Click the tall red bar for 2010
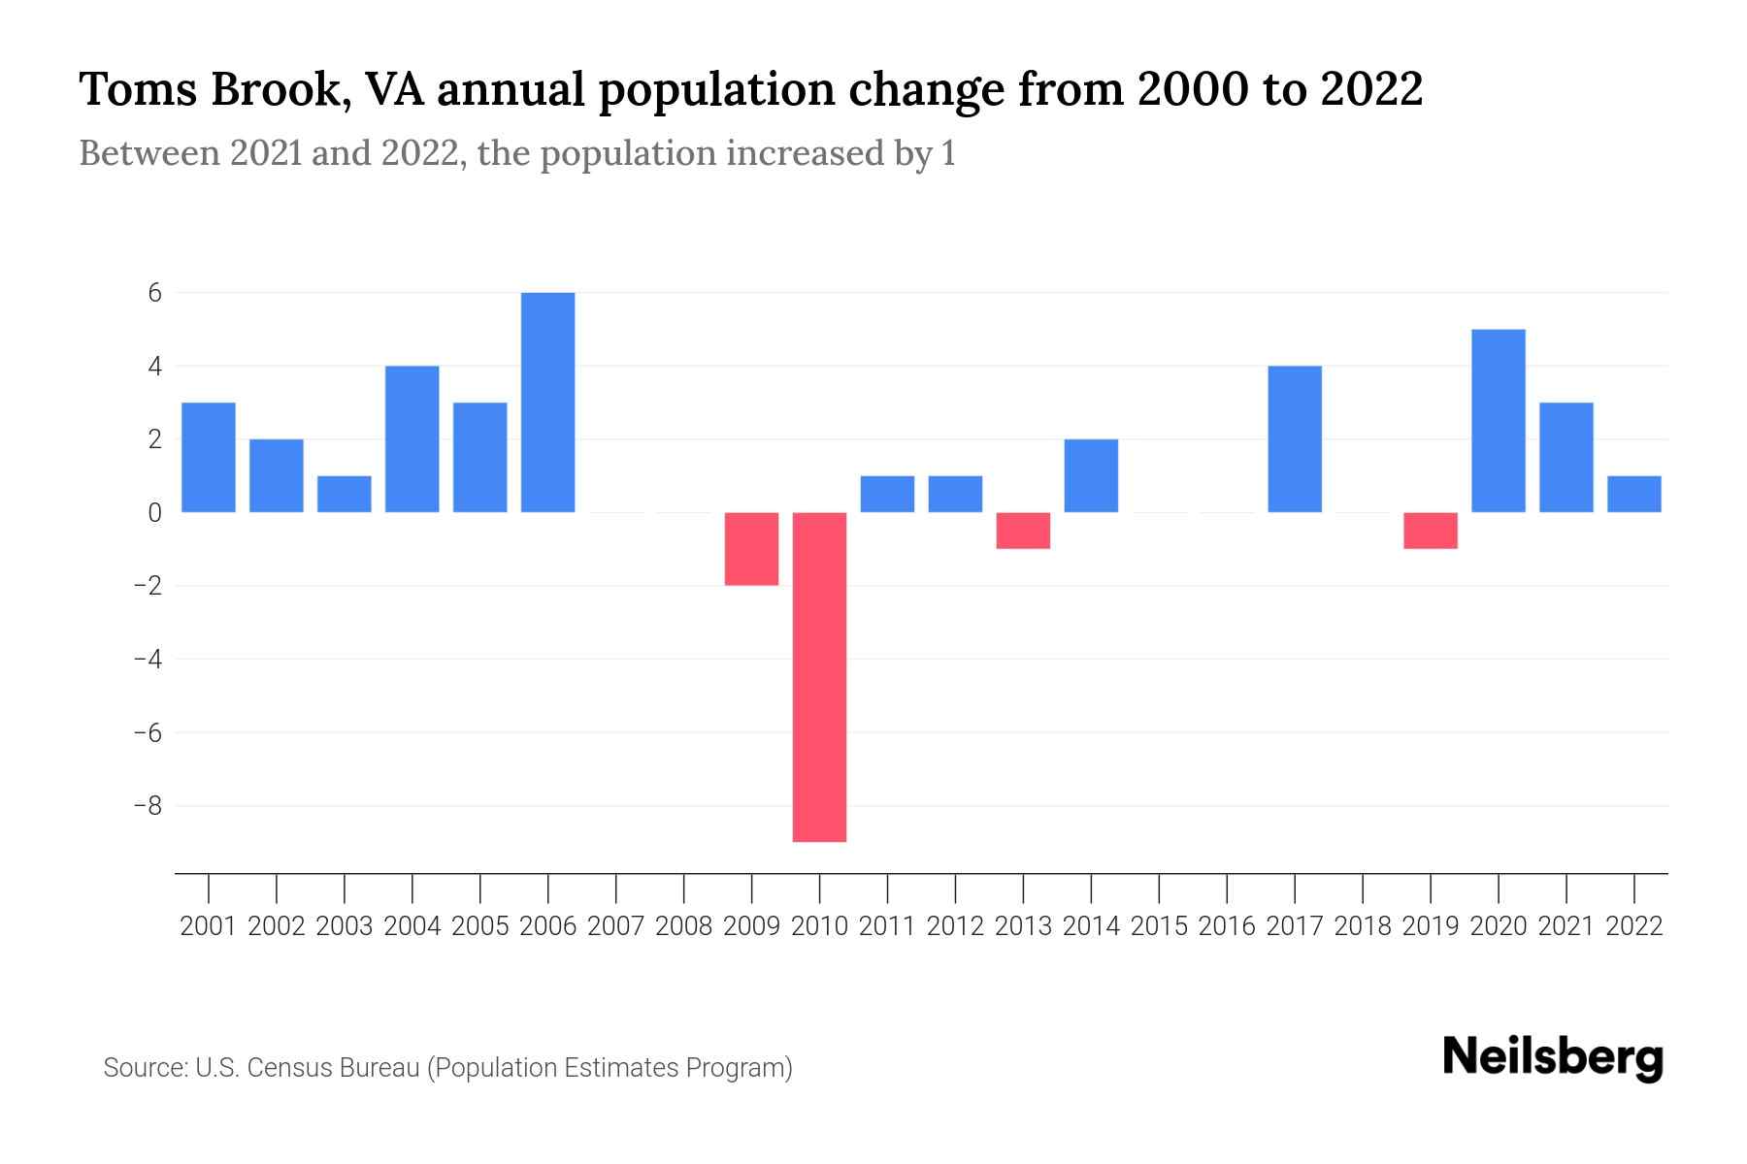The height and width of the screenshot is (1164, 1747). click(819, 676)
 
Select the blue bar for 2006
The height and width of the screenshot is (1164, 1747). click(547, 402)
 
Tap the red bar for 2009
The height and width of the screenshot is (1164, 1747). click(751, 548)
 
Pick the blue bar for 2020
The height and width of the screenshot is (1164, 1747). click(1498, 420)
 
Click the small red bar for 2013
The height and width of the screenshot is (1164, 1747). click(1023, 531)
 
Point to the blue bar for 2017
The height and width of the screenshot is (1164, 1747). click(1294, 438)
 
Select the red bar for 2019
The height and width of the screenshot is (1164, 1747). click(1430, 531)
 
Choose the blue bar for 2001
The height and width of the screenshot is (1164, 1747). click(209, 457)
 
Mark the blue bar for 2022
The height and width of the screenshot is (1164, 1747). click(1633, 494)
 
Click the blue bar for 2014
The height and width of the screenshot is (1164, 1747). click(1091, 475)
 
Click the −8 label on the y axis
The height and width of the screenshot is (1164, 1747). click(148, 806)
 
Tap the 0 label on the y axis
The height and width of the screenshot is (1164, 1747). click(154, 513)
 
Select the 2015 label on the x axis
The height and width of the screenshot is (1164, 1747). click(1159, 926)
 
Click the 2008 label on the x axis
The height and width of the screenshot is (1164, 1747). click(683, 926)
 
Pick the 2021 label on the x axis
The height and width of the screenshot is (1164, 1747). click(1566, 926)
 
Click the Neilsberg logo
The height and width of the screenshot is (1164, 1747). click(1553, 1058)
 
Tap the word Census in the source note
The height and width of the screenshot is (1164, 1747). click(296, 1068)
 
